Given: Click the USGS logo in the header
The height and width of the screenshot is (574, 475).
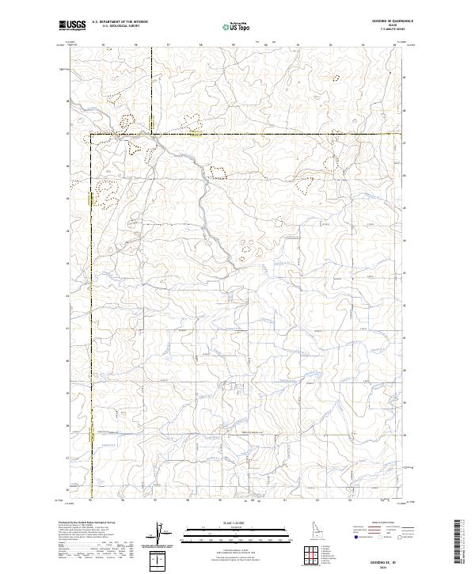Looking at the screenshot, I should click(x=71, y=25).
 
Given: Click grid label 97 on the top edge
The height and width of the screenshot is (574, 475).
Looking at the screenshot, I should click(x=167, y=45).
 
